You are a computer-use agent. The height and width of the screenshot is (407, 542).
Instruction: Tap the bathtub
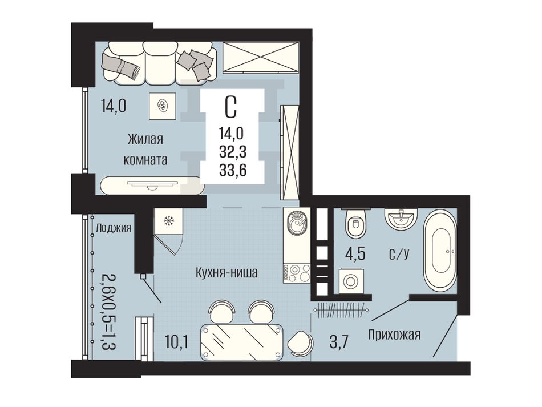[440, 251]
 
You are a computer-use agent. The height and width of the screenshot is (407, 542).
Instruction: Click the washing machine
[350, 280]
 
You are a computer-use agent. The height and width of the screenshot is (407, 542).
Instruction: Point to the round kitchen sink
[296, 223]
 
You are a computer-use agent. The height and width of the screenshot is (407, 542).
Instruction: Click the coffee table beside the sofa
[163, 105]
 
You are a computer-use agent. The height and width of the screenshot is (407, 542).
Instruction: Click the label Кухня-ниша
[226, 273]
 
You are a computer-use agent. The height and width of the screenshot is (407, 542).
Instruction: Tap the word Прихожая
[394, 335]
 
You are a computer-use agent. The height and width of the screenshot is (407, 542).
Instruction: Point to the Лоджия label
[114, 228]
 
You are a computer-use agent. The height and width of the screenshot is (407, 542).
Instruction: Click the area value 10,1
[177, 342]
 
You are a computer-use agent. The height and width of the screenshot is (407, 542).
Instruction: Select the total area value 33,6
[233, 170]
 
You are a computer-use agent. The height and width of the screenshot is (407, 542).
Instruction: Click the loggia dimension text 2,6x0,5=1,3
[108, 311]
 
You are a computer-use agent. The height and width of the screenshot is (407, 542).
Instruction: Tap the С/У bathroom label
[399, 255]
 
